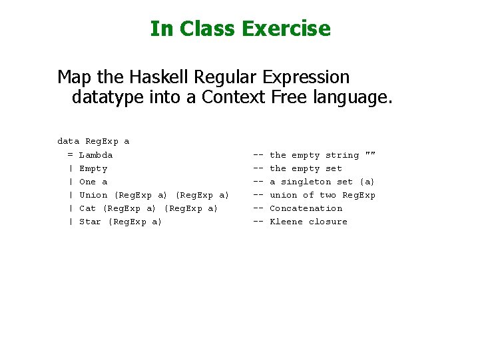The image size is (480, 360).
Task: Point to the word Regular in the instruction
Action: pyautogui.click(x=220, y=77)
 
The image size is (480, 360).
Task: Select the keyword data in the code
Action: pyautogui.click(x=69, y=141)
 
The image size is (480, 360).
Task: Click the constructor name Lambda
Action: pyautogui.click(x=96, y=155)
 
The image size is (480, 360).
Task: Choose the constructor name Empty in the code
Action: pyautogui.click(x=93, y=168)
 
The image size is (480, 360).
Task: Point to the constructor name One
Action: pyautogui.click(x=87, y=182)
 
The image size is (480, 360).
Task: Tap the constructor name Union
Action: pyautogui.click(x=93, y=195)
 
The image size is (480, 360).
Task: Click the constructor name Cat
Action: pyautogui.click(x=87, y=208)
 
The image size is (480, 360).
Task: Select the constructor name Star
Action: pyautogui.click(x=90, y=222)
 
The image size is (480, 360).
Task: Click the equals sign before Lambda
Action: pyautogui.click(x=70, y=155)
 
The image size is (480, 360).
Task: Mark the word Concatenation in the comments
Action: pyautogui.click(x=306, y=208)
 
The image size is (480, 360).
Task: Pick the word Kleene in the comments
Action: pyautogui.click(x=286, y=222)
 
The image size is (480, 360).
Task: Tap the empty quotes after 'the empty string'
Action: pyautogui.click(x=370, y=154)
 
